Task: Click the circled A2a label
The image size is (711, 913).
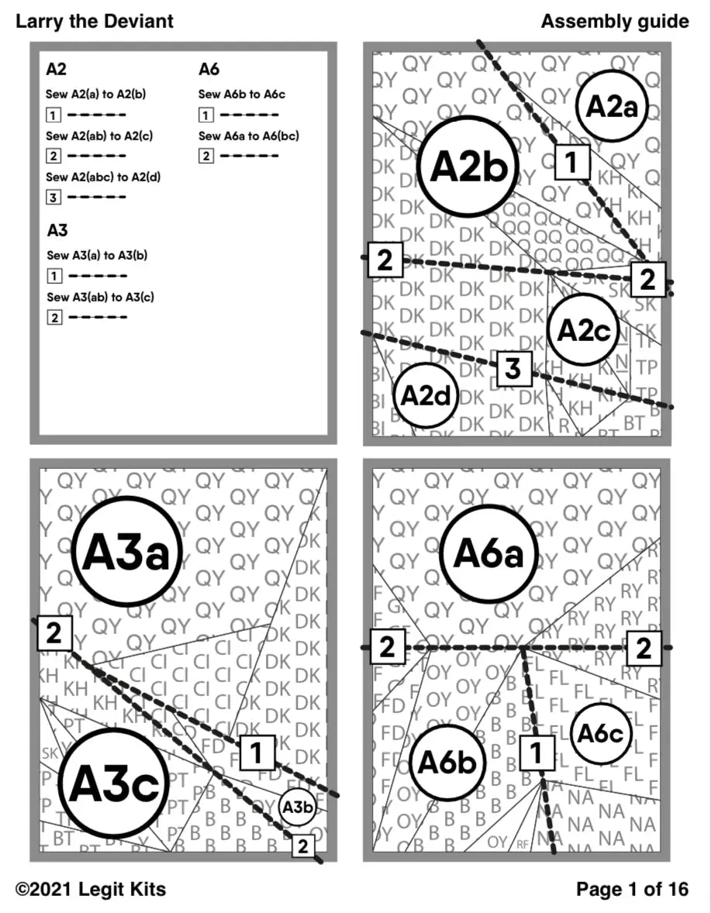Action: [612, 106]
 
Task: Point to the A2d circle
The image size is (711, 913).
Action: [426, 395]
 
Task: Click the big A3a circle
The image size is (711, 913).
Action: [129, 552]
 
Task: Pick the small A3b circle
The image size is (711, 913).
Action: [297, 808]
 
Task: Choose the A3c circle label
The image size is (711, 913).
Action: [114, 783]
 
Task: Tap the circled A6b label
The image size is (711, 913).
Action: [447, 763]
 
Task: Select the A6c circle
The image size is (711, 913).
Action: [601, 733]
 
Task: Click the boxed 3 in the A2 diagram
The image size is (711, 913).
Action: [513, 370]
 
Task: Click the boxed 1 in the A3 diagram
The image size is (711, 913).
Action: [257, 752]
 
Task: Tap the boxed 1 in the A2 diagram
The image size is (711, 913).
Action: [571, 162]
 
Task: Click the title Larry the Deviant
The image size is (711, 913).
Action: [95, 21]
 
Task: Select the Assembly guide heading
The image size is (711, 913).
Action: [615, 21]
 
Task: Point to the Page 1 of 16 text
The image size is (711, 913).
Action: [632, 890]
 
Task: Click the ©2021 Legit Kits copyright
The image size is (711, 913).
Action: [91, 890]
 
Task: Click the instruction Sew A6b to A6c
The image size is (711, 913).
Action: [242, 94]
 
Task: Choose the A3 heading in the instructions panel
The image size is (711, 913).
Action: [57, 230]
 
